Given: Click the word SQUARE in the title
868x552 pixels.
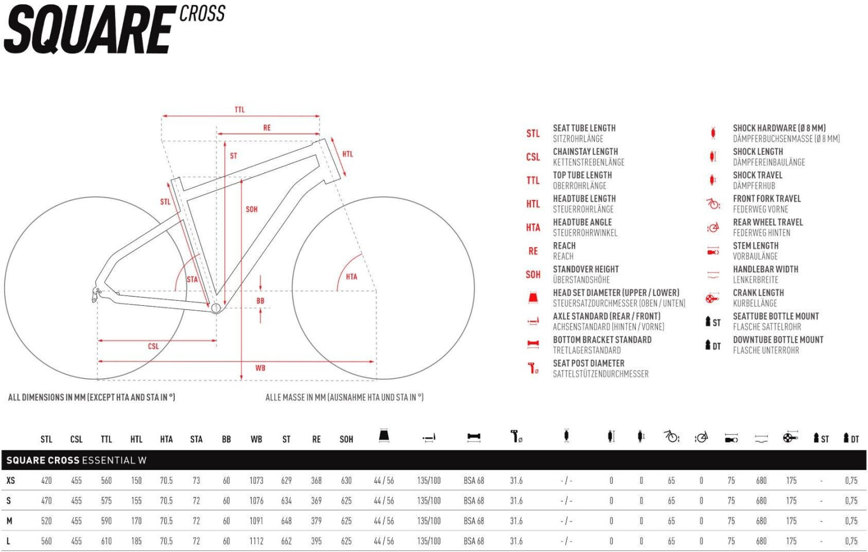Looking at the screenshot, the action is point(90,30).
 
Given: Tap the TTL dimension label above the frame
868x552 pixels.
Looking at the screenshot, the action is point(240,109).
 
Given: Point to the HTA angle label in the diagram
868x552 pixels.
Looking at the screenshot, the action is point(351,277).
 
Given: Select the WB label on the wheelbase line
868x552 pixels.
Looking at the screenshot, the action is point(260,368).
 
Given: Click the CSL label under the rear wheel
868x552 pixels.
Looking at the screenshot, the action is point(153,346).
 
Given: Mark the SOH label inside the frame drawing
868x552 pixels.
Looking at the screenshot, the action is point(252,209).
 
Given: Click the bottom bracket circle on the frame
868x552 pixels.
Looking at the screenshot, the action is point(216,308).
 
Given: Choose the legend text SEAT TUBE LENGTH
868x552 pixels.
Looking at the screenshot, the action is point(584,128).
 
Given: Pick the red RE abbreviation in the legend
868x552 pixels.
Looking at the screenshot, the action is point(533,251).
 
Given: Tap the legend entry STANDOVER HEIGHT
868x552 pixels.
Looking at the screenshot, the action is point(586,269).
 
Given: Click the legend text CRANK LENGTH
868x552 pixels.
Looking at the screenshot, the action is point(758,293).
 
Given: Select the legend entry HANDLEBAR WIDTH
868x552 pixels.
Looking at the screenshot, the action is point(765,269).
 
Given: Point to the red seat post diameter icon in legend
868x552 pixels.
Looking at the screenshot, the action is point(533,368).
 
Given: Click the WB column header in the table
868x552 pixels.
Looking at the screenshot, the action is point(256,439).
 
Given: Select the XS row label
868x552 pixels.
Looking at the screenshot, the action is point(10,480).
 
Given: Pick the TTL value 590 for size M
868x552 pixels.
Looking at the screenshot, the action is point(106,521).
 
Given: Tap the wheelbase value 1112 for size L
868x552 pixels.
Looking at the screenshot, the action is point(256,541).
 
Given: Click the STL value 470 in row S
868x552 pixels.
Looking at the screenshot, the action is point(46,500).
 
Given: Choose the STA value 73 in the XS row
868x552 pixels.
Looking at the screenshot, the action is point(196,480).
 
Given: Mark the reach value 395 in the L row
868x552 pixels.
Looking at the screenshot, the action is point(317,541).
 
